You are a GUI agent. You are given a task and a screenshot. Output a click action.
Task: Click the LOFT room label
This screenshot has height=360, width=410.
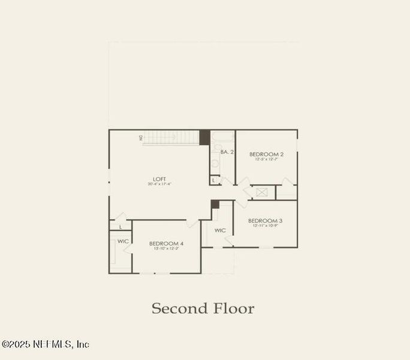tap(159, 179)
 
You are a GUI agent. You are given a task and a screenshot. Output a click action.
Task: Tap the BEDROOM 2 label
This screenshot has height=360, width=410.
tap(266, 154)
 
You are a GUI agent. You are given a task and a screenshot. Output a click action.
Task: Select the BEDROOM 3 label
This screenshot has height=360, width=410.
tap(265, 221)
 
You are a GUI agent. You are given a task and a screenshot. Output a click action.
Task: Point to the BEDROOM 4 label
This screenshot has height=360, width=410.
tap(166, 243)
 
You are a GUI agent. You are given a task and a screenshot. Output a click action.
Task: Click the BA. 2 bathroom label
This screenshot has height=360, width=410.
tap(227, 152)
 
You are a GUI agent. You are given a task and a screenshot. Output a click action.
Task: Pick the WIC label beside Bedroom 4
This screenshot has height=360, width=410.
tap(123, 241)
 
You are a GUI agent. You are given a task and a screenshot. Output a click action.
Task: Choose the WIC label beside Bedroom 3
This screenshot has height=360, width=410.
tap(220, 230)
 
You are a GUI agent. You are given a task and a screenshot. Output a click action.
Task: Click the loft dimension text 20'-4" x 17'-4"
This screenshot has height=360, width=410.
tap(159, 184)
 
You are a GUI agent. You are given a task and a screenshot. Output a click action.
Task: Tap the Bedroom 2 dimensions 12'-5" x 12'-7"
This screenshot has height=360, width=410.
tap(266, 160)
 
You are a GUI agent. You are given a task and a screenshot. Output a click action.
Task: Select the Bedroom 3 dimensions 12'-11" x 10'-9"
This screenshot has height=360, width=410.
tap(265, 226)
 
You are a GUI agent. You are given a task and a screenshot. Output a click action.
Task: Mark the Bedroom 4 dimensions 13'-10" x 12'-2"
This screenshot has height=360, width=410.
tap(166, 248)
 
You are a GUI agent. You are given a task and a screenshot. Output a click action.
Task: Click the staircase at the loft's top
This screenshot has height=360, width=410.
tap(171, 138)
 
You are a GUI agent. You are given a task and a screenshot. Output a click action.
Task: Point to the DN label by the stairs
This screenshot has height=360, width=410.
tap(141, 138)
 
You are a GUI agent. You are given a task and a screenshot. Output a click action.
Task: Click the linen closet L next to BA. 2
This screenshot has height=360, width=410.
tap(214, 179)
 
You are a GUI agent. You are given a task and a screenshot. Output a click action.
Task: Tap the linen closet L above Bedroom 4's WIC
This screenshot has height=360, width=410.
tap(120, 227)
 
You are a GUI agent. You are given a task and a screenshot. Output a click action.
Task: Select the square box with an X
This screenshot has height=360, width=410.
tap(261, 192)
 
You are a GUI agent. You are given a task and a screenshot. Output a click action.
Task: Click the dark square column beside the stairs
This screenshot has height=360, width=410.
tap(204, 137)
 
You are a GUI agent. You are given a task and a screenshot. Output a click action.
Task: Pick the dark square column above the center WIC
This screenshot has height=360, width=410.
tap(215, 204)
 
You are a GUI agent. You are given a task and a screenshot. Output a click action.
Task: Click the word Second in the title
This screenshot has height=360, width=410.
tap(177, 309)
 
